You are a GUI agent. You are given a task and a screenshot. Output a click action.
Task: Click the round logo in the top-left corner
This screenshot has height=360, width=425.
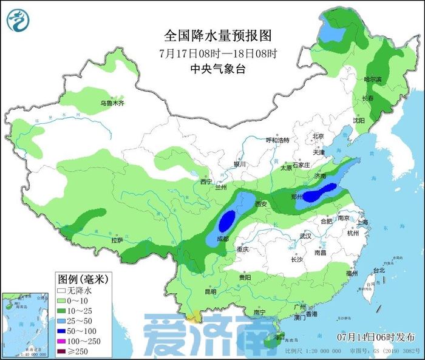click(x=19, y=20)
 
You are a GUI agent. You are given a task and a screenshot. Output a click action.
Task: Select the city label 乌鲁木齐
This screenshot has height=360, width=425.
click(x=112, y=104)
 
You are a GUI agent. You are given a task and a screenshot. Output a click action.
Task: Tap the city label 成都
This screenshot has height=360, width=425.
click(x=222, y=239)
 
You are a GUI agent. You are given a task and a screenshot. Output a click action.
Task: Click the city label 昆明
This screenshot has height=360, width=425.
click(x=210, y=291)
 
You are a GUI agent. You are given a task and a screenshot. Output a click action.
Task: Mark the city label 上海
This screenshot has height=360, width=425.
click(x=363, y=223)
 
